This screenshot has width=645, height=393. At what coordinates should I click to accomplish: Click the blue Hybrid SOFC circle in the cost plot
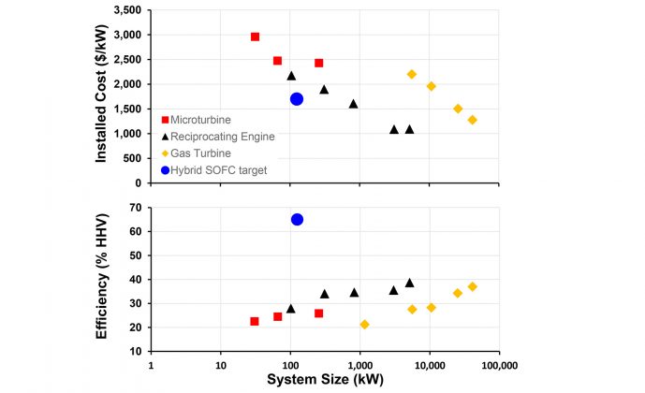(x=297, y=99)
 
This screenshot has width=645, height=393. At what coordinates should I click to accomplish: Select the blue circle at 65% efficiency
(x=297, y=220)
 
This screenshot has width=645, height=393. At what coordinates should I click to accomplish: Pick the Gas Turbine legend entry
(x=203, y=153)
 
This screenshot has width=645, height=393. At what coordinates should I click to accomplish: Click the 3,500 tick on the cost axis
(x=125, y=10)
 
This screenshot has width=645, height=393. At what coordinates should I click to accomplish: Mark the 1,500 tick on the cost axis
(x=125, y=109)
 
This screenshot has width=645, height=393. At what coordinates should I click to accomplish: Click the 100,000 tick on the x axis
(x=498, y=365)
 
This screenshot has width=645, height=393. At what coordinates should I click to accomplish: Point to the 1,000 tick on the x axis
(x=359, y=365)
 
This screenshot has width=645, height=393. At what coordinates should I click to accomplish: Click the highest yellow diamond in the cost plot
(x=412, y=74)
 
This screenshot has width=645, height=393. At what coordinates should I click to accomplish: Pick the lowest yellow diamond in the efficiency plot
(x=364, y=325)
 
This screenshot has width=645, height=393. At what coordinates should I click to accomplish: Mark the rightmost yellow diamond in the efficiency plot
(x=472, y=286)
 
